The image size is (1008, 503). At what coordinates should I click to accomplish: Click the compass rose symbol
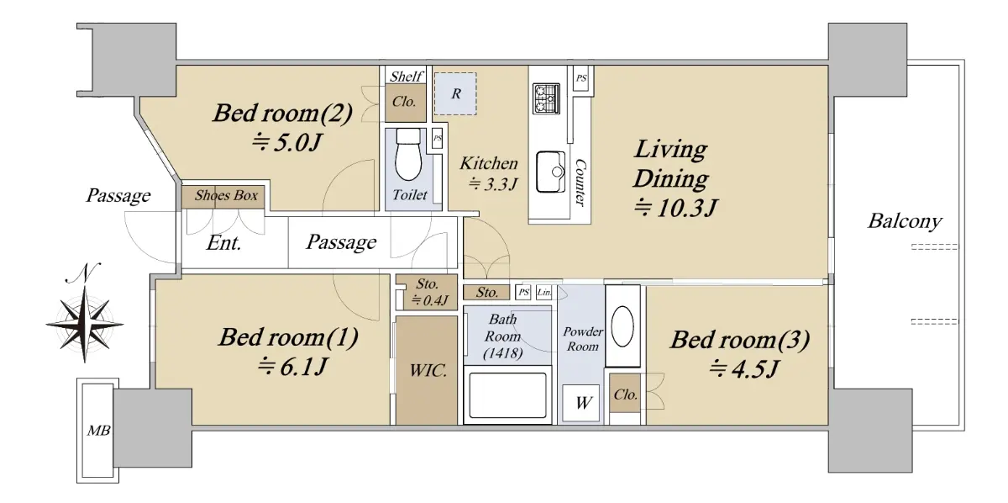coord(85,324)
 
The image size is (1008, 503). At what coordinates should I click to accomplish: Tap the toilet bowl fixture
coord(408,155)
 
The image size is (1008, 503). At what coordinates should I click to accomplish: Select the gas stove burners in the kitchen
coord(546,98)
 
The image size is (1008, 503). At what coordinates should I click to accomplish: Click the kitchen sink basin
coord(551,172)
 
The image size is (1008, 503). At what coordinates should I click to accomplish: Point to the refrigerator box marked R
coord(455,93)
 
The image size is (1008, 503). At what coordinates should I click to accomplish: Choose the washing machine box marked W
coord(581,403)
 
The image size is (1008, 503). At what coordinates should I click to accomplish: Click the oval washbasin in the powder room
coord(622,326)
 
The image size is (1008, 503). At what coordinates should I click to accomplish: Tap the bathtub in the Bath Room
coord(507,395)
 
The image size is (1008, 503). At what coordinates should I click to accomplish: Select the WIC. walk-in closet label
coord(428,370)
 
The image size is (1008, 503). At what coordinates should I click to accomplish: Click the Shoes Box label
coord(226,195)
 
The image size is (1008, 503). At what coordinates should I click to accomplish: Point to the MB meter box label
coord(98,431)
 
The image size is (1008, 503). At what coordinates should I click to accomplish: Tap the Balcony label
coord(905,221)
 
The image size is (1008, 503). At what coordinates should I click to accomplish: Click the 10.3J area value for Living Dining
coord(675,208)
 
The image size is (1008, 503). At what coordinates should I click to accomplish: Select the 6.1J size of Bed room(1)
coord(292,367)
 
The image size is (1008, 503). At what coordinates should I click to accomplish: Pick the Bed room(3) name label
coord(740,340)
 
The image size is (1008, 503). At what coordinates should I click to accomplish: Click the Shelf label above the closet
coord(406,77)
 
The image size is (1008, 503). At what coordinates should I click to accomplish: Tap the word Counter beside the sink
coord(581,182)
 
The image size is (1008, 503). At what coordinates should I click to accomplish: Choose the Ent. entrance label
coord(223,243)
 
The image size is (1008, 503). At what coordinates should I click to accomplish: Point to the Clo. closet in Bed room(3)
coord(626,394)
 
